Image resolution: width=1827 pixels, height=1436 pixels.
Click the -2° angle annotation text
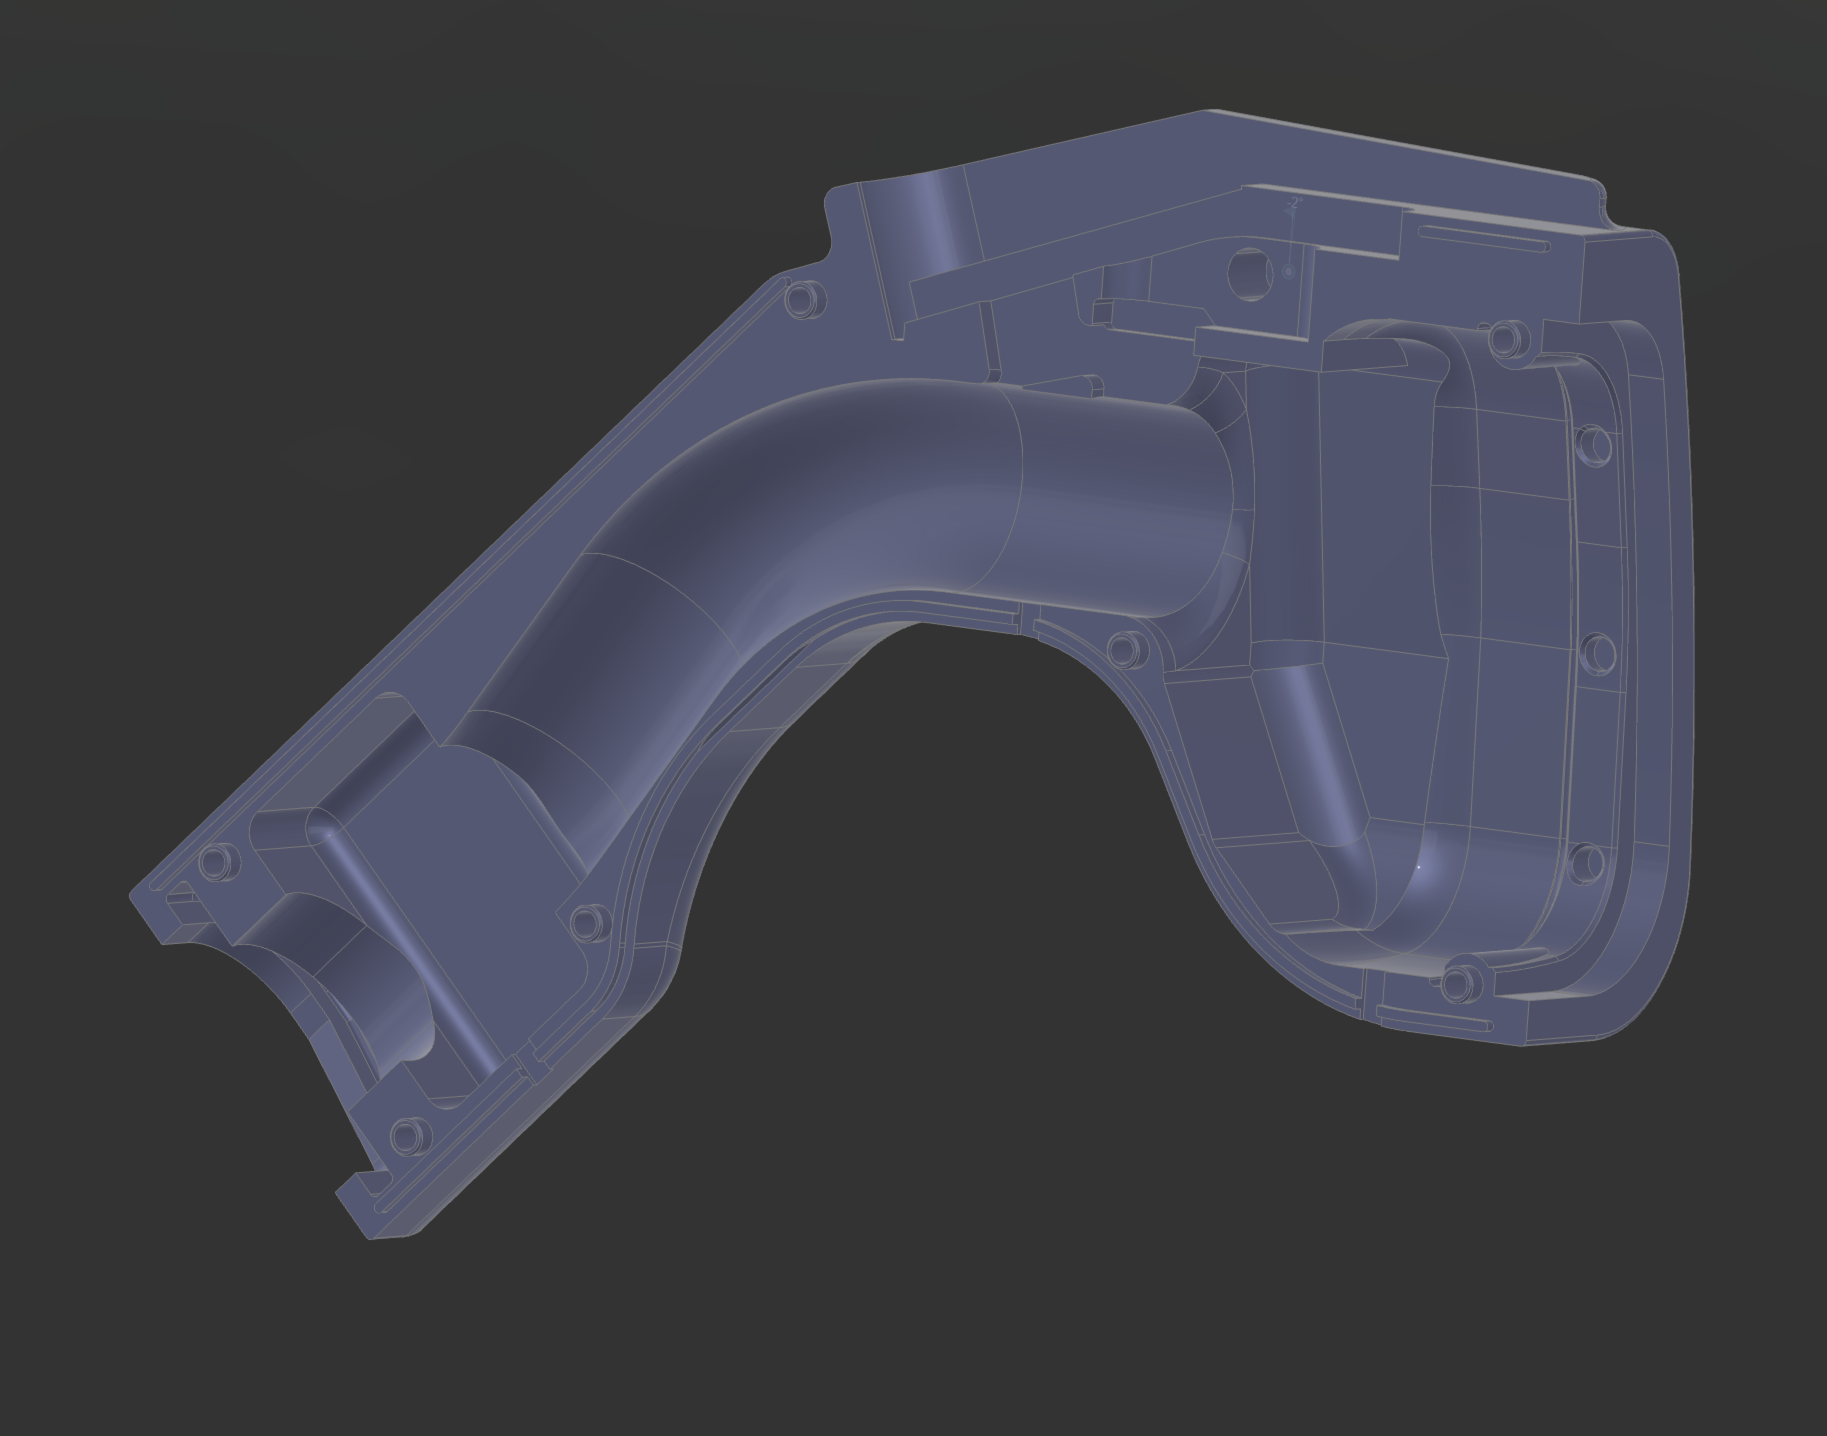[1295, 202]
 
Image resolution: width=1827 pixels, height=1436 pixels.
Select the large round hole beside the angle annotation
[1250, 273]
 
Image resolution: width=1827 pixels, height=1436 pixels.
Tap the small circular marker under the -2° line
[1288, 271]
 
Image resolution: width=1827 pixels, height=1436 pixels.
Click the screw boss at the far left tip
[218, 862]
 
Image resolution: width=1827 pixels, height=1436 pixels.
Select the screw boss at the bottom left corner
[409, 1136]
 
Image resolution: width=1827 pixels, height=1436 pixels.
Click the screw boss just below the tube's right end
[1126, 649]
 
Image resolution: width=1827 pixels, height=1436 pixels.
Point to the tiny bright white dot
[1418, 866]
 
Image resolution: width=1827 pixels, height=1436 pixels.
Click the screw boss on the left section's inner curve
[589, 922]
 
